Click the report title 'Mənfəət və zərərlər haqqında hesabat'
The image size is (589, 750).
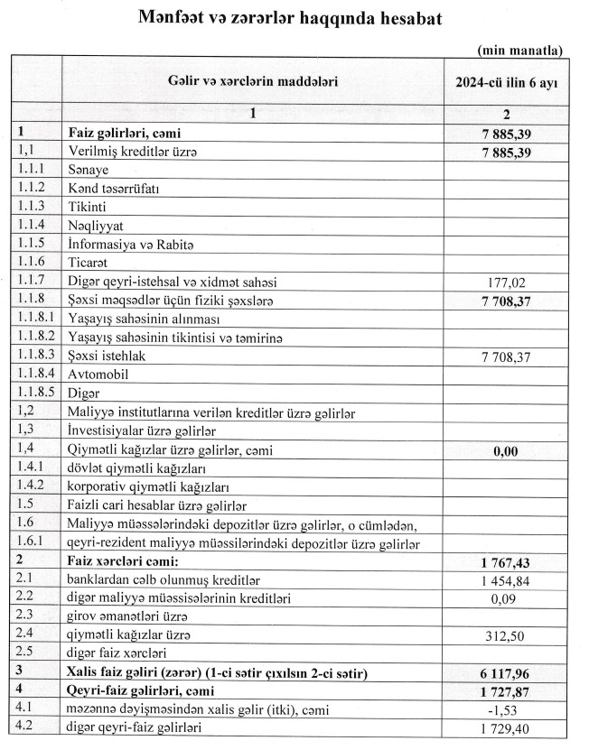(x=291, y=19)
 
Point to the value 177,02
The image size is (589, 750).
(x=506, y=281)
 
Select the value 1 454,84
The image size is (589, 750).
(x=506, y=583)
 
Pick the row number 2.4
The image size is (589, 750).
(x=25, y=635)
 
